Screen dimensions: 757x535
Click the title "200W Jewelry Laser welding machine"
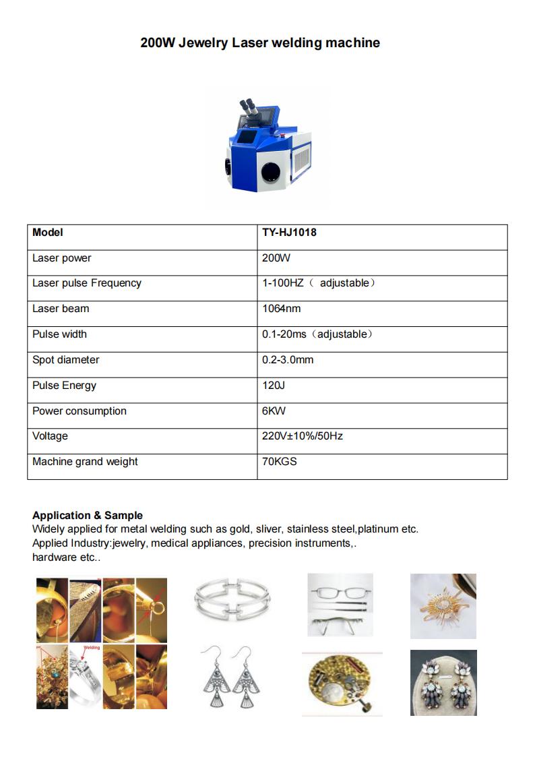(x=260, y=43)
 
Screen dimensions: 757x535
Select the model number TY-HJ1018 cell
(x=289, y=233)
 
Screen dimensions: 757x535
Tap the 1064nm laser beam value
(x=281, y=309)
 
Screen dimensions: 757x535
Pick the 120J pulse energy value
(x=274, y=386)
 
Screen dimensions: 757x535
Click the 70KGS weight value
(x=279, y=462)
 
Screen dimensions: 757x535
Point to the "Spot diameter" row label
(x=65, y=360)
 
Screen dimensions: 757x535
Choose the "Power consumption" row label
(x=79, y=411)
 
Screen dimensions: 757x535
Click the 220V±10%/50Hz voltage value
(x=303, y=436)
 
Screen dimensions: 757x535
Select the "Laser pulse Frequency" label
(x=86, y=283)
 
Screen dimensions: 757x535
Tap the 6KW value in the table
(x=274, y=411)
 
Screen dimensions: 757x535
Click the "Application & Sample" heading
(x=88, y=516)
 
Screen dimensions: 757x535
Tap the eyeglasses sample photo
(x=340, y=605)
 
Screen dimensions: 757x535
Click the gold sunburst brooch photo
(x=443, y=605)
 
